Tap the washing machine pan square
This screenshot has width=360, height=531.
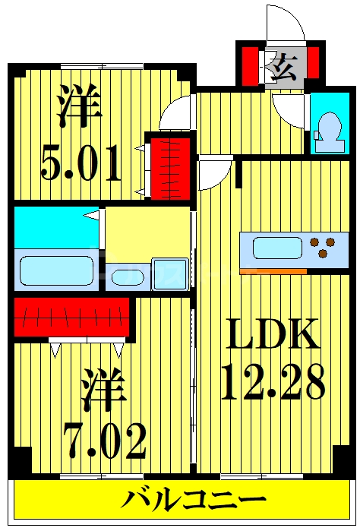pos(170,274)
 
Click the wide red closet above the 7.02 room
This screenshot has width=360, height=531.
pos(71,316)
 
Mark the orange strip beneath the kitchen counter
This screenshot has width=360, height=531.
pos(273,271)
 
